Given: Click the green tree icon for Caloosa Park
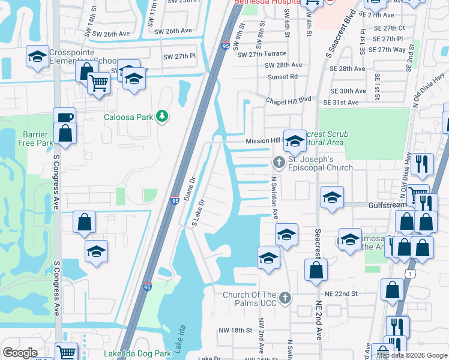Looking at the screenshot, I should point(161,116).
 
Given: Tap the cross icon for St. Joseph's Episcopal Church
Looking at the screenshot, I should point(279,161).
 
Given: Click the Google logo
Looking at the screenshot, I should point(20,353).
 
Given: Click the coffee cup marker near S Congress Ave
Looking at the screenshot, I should point(64,117).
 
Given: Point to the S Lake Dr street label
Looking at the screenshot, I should point(199,214).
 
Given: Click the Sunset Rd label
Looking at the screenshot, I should point(285,76).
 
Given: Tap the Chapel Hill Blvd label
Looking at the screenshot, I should point(289,99).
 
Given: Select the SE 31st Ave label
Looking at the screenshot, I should point(342,103).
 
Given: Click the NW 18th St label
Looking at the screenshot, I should point(235,331).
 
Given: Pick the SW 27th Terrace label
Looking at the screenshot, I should point(262,54).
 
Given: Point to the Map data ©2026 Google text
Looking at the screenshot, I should point(411,355).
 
